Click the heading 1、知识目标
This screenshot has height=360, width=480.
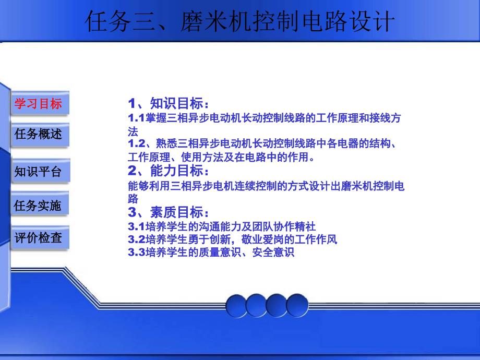pyautogui.click(x=169, y=103)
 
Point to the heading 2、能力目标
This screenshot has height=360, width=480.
pyautogui.click(x=169, y=171)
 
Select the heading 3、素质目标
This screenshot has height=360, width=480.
pyautogui.click(x=169, y=212)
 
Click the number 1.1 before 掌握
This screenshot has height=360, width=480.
pyautogui.click(x=136, y=118)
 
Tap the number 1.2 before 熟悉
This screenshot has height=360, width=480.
pyautogui.click(x=137, y=143)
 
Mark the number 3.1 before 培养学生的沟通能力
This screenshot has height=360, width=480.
pyautogui.click(x=136, y=226)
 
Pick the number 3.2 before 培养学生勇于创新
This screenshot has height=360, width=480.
pyautogui.click(x=136, y=239)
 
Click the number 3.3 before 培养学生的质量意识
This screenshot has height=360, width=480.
pyautogui.click(x=136, y=252)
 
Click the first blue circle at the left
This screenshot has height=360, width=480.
pyautogui.click(x=236, y=306)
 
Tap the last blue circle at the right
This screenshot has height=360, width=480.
pyautogui.click(x=297, y=305)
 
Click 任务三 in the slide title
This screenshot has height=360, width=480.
pyautogui.click(x=121, y=21)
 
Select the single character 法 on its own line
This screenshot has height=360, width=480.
pyautogui.click(x=133, y=132)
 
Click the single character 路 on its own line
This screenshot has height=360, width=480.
pyautogui.click(x=133, y=199)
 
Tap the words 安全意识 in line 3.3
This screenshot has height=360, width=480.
pyautogui.click(x=273, y=252)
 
